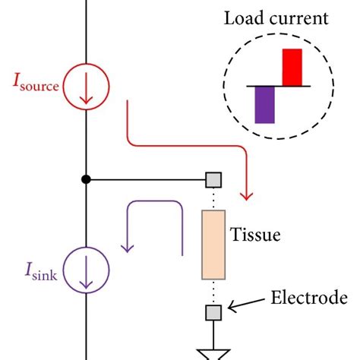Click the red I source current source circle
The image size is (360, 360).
click(86, 88)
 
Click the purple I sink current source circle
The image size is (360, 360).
click(86, 269)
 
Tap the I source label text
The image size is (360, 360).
click(35, 84)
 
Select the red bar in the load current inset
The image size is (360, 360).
click(292, 68)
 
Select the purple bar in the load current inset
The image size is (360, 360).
click(264, 104)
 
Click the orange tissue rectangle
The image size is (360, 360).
click(213, 245)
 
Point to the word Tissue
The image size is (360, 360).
click(255, 235)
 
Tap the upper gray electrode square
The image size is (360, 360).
click(213, 180)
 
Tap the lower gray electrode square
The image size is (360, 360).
click(213, 311)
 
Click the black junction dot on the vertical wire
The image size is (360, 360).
click(86, 180)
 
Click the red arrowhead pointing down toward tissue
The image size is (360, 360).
click(245, 196)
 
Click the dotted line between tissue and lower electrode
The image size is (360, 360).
click(213, 292)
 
